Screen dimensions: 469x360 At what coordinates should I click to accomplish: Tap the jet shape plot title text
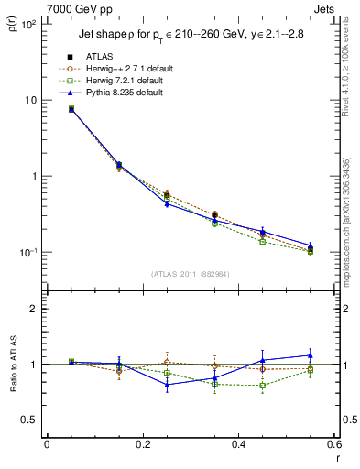pyautogui.click(x=188, y=36)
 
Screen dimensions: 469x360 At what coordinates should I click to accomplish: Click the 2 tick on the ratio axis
pyautogui.click(x=34, y=309)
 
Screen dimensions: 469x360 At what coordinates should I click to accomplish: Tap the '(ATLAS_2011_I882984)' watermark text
pyautogui.click(x=190, y=274)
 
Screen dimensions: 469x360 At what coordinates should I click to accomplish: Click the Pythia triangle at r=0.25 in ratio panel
pyautogui.click(x=167, y=385)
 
